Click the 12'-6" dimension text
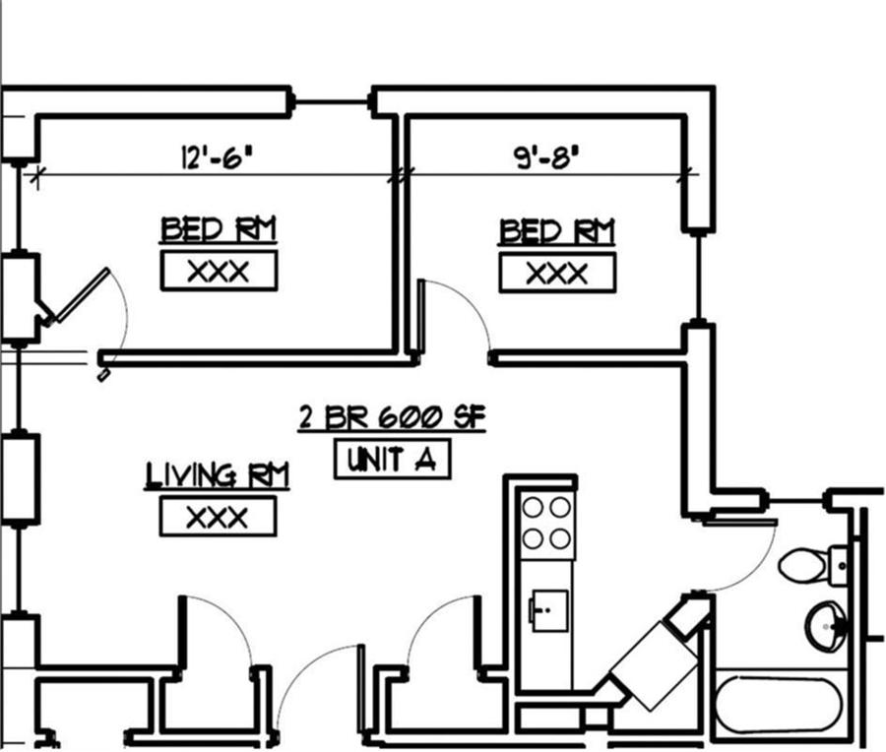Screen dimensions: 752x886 pos(211,157)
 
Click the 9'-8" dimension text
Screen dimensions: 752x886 pos(543,157)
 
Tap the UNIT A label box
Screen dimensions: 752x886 pos(392,460)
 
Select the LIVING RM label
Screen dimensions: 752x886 pos(218,476)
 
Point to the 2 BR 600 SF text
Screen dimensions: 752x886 pos(393,418)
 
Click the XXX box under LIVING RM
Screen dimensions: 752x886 pos(218,517)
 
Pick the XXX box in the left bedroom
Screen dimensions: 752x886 pos(219,271)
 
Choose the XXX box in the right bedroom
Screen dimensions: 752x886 pos(557,272)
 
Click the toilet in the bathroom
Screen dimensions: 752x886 pos(806,564)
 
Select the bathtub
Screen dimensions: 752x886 pos(779,703)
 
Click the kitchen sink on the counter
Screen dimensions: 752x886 pos(548,607)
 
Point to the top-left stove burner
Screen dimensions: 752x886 pos(534,508)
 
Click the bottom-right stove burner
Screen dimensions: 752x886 pos(560,537)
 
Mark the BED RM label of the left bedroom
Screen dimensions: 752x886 pos(219,230)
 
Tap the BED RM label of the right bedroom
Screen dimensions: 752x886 pos(557,232)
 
